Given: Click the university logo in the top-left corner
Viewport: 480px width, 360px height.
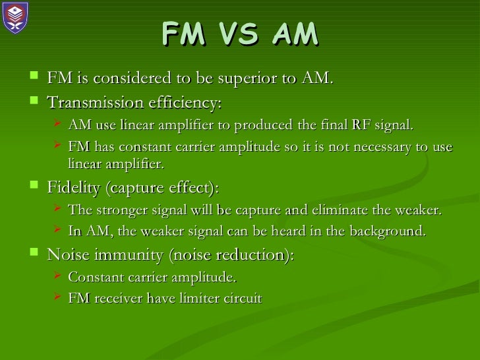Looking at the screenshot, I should (16, 17).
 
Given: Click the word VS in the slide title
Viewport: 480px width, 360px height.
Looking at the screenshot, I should (239, 36).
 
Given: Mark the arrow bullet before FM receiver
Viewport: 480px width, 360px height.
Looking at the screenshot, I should (57, 297).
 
